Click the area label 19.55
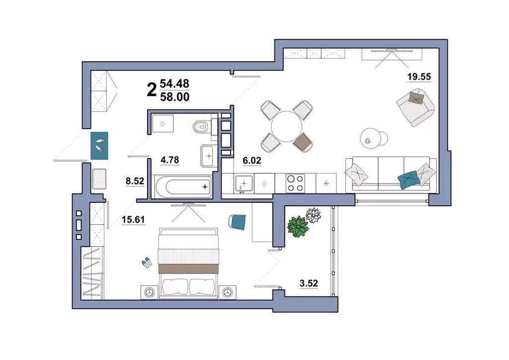tap(419, 77)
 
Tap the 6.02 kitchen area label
tap(252, 161)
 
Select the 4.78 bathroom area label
tap(170, 160)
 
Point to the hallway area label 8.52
tap(135, 181)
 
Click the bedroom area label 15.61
tap(133, 220)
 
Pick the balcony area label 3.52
tap(309, 283)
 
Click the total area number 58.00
tap(174, 97)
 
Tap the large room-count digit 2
tap(152, 90)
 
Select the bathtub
tap(183, 186)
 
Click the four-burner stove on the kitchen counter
tap(295, 183)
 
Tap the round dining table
tap(287, 126)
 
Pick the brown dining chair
tap(303, 142)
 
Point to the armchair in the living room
tap(415, 107)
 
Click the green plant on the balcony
tap(298, 227)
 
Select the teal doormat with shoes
tap(99, 145)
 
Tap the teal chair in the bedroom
tap(237, 222)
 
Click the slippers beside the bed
tap(147, 262)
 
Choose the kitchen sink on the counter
tap(244, 184)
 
